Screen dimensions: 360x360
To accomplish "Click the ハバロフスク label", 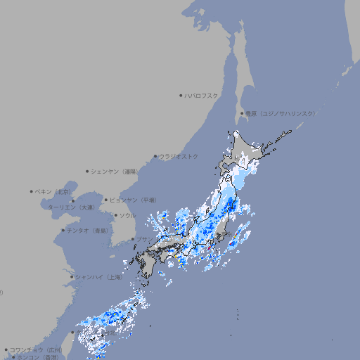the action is [x=201, y=95].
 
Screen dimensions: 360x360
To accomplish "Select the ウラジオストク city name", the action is [x=179, y=156].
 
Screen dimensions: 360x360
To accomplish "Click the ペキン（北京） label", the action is [x=55, y=191].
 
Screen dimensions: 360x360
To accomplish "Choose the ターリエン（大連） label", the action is [x=71, y=207].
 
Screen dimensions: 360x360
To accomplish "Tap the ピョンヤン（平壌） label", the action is [x=133, y=200].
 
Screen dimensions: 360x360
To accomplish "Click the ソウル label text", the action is [x=127, y=215].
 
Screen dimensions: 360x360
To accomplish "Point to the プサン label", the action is [x=143, y=239].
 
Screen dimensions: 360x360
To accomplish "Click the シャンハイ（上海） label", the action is [x=98, y=277].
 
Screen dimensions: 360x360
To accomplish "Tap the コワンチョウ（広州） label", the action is [x=36, y=349].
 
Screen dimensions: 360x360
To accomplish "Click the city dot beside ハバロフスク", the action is [x=181, y=95].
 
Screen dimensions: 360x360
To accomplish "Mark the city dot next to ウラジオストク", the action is [x=155, y=156].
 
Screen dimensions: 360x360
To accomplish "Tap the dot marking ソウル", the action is [x=115, y=215].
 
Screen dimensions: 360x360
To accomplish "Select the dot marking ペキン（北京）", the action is [x=32, y=191].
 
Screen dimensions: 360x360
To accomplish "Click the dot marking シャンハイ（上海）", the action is [x=72, y=277].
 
